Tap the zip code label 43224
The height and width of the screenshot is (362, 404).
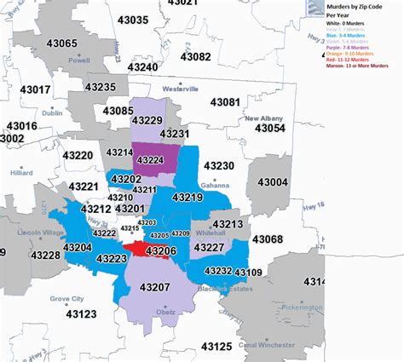tap(151, 159)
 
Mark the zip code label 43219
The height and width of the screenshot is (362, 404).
tap(188, 198)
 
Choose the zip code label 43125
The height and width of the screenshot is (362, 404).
tap(216, 346)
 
